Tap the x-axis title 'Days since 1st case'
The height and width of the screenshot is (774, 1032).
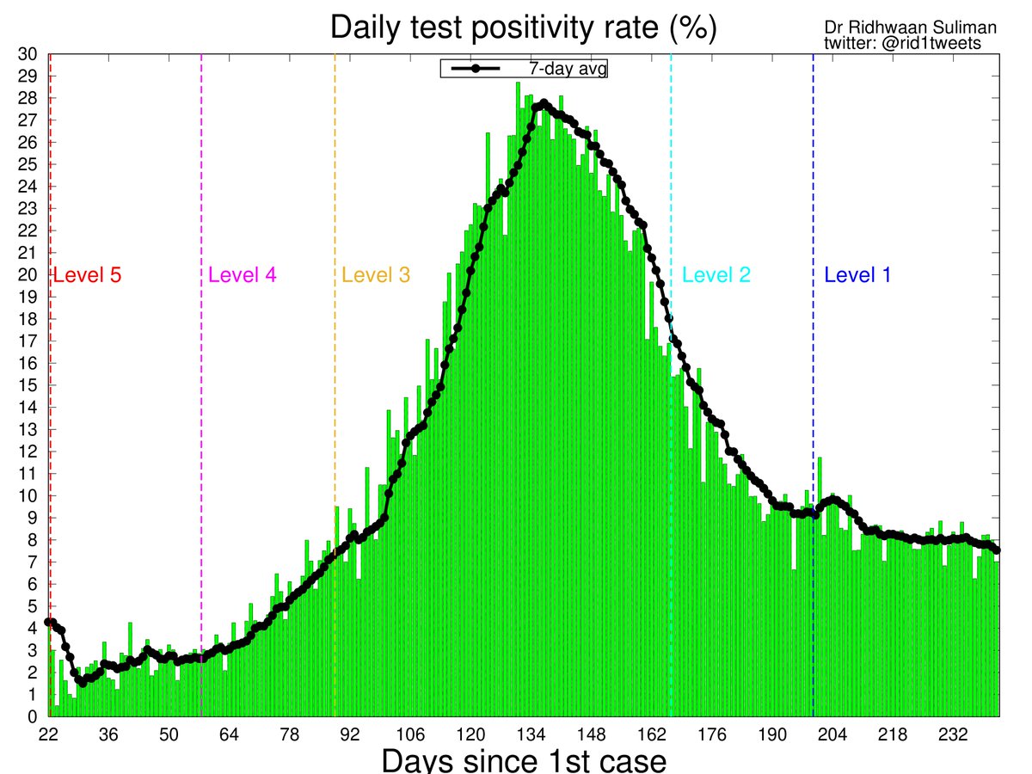[x=524, y=760]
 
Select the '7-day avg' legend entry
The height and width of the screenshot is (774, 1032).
[x=524, y=69]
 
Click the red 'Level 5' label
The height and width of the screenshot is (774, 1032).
[x=87, y=276]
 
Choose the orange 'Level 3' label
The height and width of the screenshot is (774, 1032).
[x=376, y=276]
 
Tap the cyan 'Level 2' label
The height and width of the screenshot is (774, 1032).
[x=716, y=276]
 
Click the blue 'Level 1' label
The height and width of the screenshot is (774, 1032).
[x=857, y=276]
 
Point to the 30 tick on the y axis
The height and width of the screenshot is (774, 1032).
[x=28, y=54]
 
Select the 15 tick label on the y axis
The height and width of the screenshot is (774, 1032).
[x=28, y=385]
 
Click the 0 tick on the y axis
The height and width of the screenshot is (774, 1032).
[x=32, y=716]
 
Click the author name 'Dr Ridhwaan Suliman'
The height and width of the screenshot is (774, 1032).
[x=910, y=28]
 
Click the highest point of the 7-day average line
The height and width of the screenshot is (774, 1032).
[x=544, y=103]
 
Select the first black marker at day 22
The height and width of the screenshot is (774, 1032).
[x=49, y=622]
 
